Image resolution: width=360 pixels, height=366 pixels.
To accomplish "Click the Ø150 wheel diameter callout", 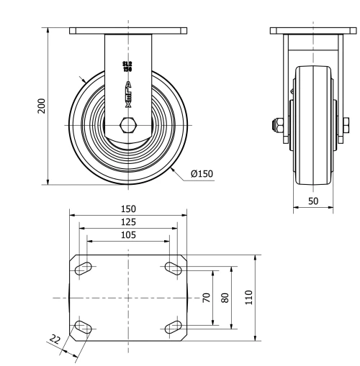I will (x=202, y=173).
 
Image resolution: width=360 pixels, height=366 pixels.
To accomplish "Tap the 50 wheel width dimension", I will (x=312, y=201).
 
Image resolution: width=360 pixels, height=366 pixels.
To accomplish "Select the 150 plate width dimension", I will (x=128, y=209).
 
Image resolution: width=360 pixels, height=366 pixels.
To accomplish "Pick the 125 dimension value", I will (x=128, y=222).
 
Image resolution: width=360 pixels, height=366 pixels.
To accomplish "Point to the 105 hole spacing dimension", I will (x=128, y=235).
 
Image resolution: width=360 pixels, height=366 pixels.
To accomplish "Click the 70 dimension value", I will (x=205, y=297).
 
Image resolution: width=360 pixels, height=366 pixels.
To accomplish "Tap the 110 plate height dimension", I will (x=248, y=297).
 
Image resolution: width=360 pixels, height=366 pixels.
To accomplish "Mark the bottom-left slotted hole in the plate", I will (x=84, y=328).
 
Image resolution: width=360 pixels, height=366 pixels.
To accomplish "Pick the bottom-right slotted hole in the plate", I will (x=173, y=328).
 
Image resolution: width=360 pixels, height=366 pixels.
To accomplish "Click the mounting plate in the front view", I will (x=128, y=31).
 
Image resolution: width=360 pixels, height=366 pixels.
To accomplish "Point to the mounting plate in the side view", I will (x=312, y=31).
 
